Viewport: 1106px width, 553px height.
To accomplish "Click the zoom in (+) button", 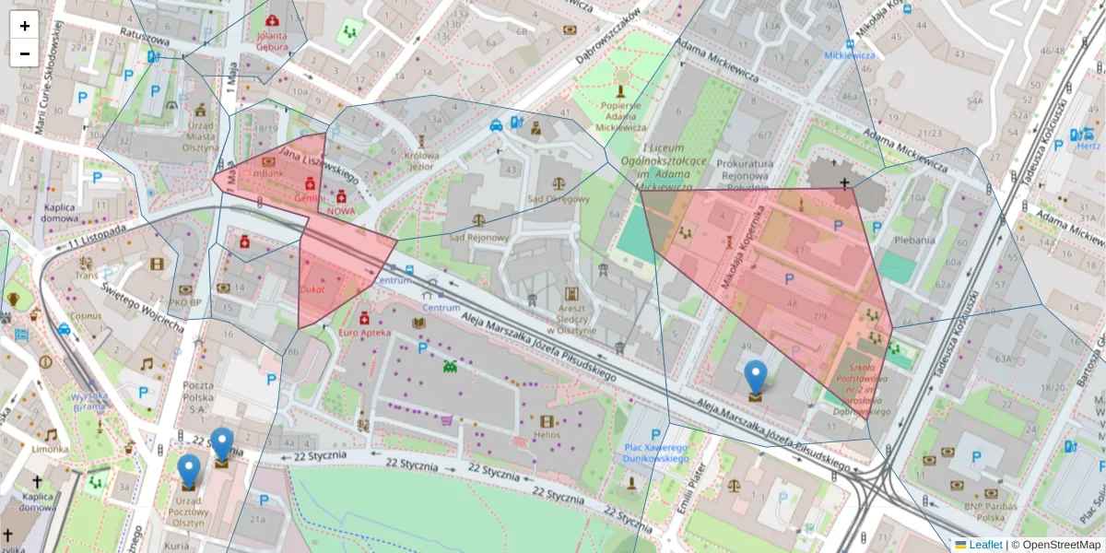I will click(25, 26).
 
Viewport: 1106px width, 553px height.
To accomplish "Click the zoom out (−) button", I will click(25, 53).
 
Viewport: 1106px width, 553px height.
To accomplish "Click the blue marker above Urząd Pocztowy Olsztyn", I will click(189, 471).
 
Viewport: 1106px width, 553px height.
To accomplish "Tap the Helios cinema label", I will click(546, 434).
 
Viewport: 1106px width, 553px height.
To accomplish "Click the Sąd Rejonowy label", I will click(477, 237).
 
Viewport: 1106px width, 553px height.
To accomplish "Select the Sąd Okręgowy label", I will click(558, 198).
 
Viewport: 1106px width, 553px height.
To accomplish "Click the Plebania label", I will click(915, 240).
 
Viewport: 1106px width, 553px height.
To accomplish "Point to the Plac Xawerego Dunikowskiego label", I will click(656, 452).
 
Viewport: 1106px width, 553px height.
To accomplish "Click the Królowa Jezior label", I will click(420, 161).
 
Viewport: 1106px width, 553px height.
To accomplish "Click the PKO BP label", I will click(185, 300).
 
